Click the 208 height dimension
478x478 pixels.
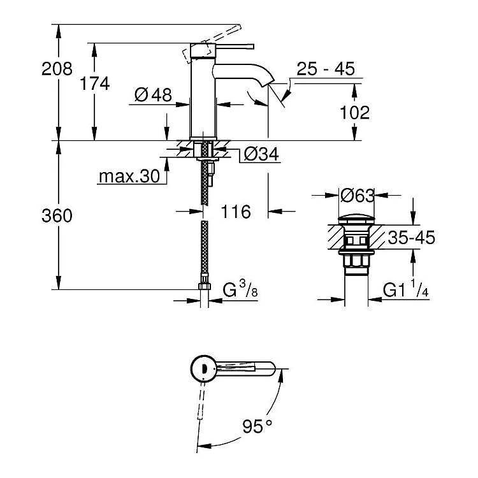pyautogui.click(x=57, y=69)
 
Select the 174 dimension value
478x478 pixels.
pyautogui.click(x=94, y=83)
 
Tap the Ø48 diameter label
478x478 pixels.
pyautogui.click(x=153, y=95)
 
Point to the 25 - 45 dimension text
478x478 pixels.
pyautogui.click(x=326, y=69)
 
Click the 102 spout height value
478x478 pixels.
pyautogui.click(x=354, y=112)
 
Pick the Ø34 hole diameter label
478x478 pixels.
pyautogui.click(x=261, y=154)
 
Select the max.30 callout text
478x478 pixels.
pyautogui.click(x=129, y=176)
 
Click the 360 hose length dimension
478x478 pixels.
pyautogui.click(x=57, y=215)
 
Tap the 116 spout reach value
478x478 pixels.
pyautogui.click(x=236, y=212)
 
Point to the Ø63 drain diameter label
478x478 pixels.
pyautogui.click(x=358, y=196)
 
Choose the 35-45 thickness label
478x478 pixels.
pyautogui.click(x=411, y=238)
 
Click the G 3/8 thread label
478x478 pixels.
pyautogui.click(x=240, y=289)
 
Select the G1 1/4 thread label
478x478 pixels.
pyautogui.click(x=406, y=289)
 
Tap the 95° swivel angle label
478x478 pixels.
pyautogui.click(x=257, y=426)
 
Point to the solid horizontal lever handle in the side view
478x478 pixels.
pyautogui.click(x=235, y=47)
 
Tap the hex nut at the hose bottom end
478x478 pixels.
pyautogui.click(x=204, y=286)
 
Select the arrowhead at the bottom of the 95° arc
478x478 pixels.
pyautogui.click(x=202, y=447)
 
